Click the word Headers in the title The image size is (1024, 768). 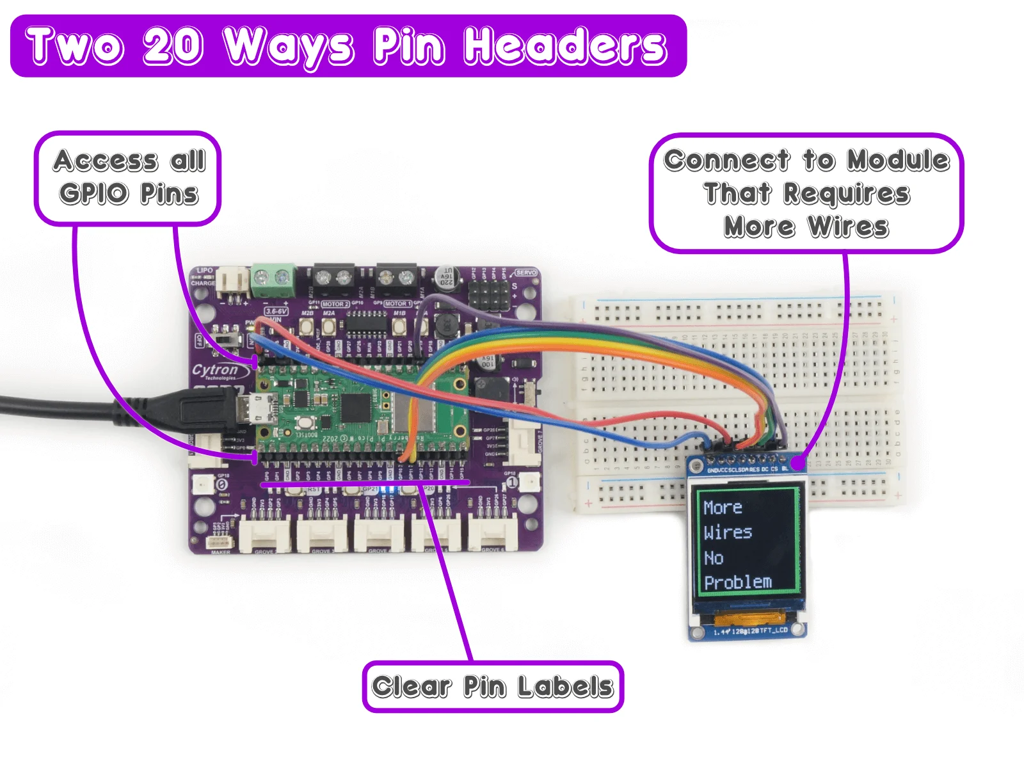click(x=564, y=46)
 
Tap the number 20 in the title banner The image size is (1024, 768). click(x=173, y=46)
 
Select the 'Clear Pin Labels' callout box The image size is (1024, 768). click(x=493, y=687)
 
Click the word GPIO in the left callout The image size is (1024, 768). click(x=94, y=193)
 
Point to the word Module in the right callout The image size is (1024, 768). click(x=898, y=160)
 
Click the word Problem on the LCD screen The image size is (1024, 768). click(x=738, y=582)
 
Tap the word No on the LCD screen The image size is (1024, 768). click(x=714, y=558)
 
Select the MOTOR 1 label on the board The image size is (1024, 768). click(x=396, y=304)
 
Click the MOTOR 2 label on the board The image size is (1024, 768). click(x=335, y=304)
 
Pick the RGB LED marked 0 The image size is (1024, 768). click(x=204, y=484)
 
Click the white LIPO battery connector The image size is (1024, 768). click(x=232, y=282)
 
